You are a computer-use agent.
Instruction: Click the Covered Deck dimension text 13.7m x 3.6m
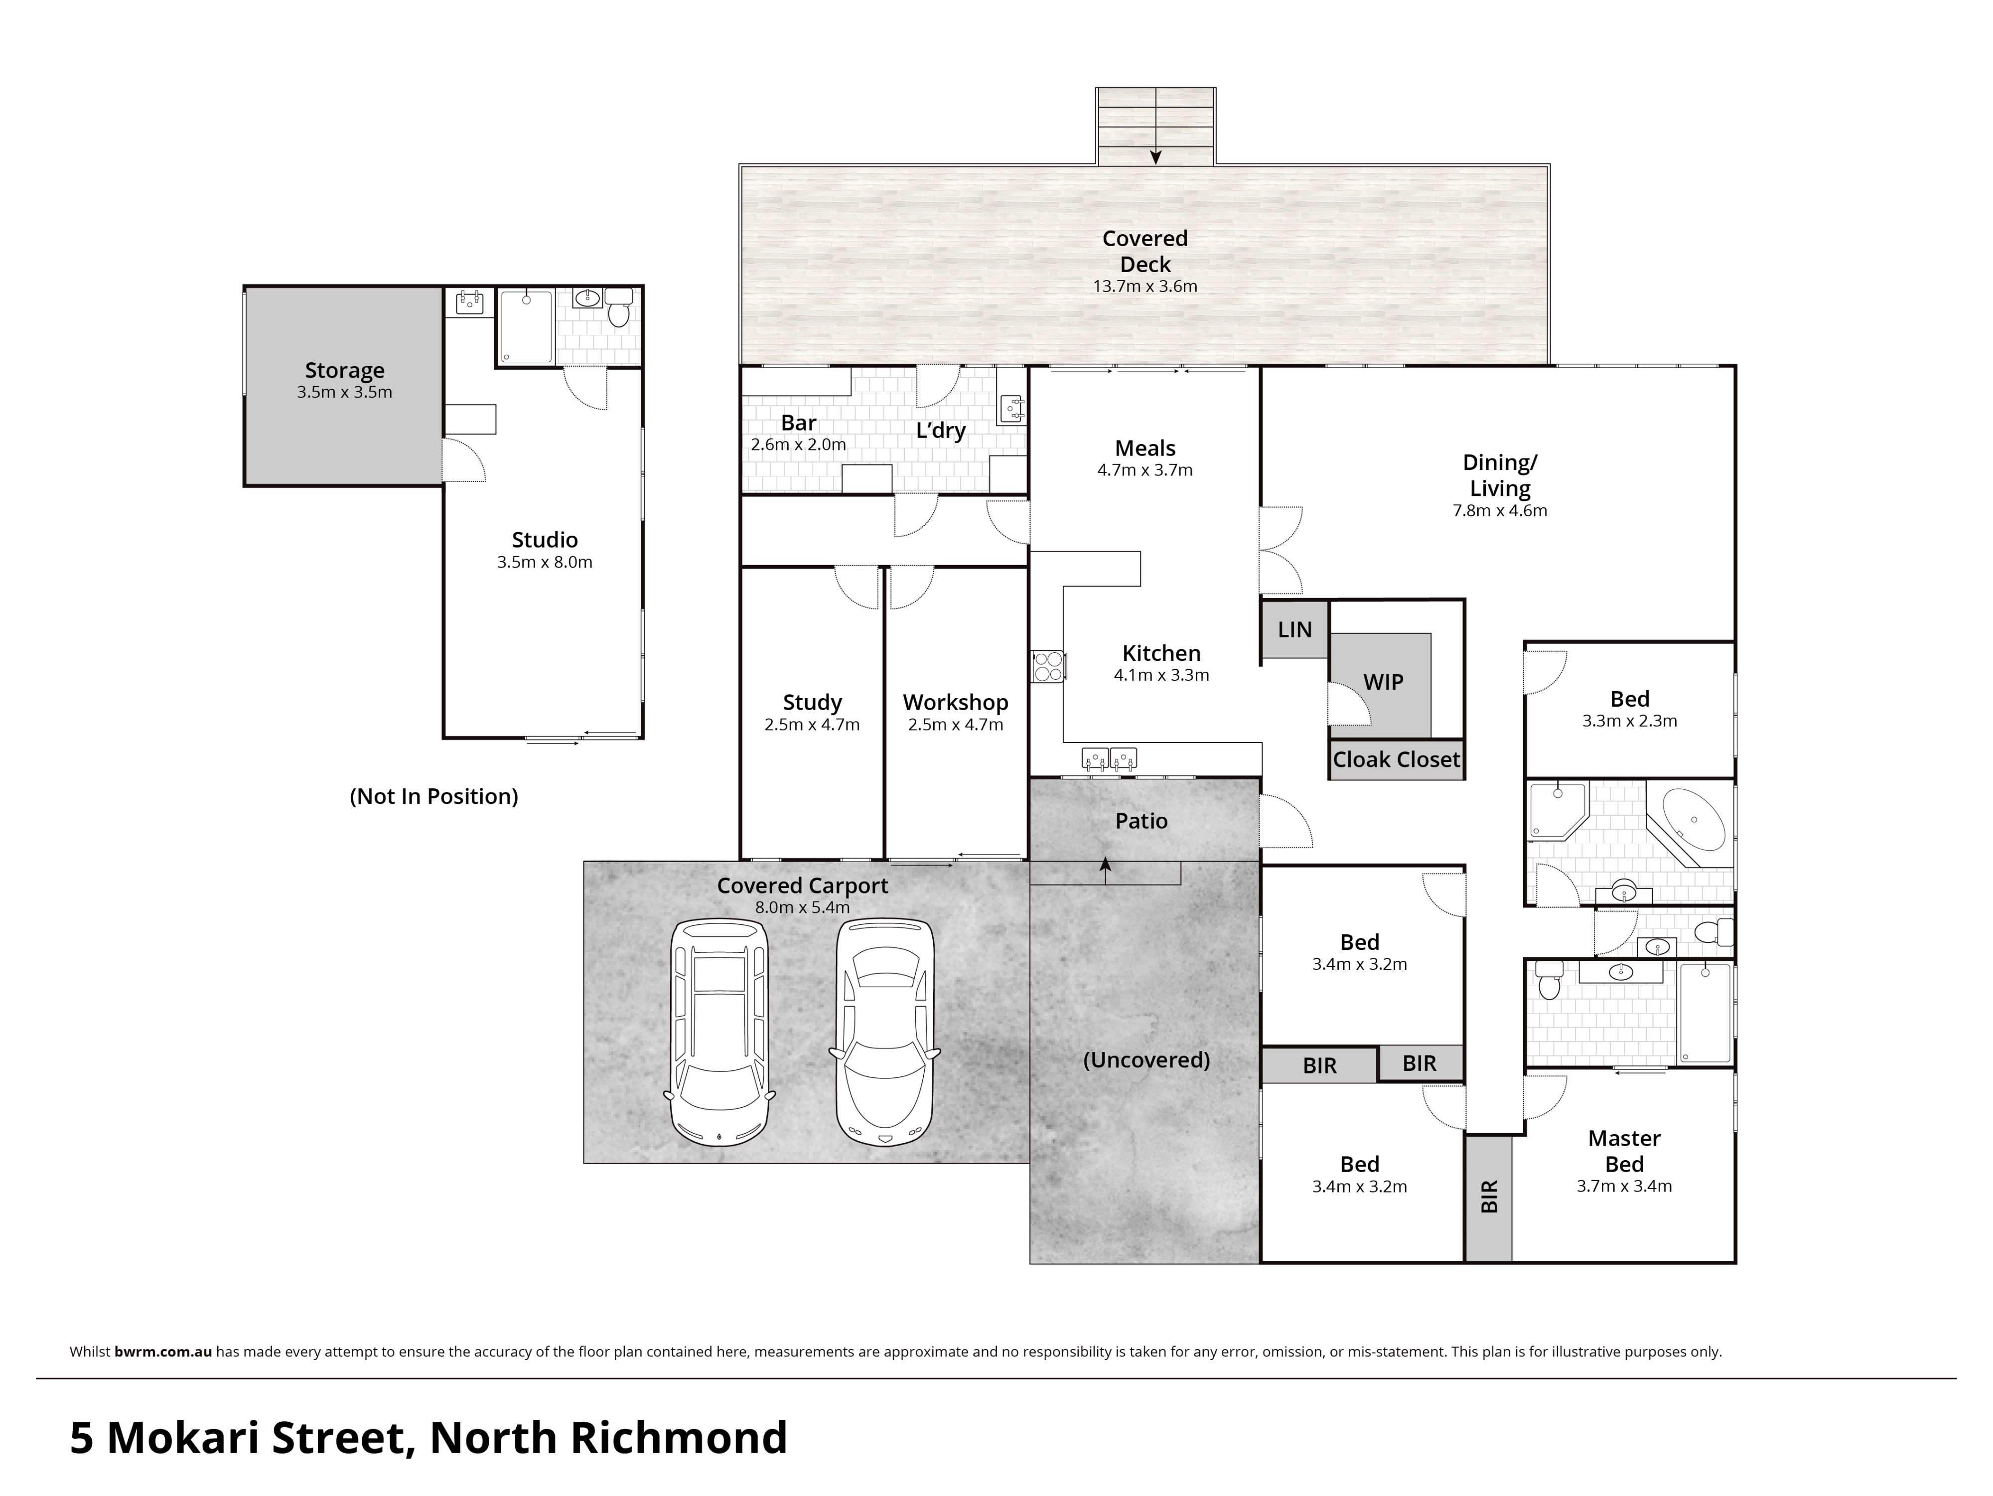1144,287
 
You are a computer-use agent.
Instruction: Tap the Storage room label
344,370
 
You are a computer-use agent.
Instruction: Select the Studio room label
544,540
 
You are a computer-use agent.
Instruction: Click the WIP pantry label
1383,682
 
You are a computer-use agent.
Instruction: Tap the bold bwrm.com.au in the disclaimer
163,1352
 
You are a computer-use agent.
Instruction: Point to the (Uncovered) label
1146,1060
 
